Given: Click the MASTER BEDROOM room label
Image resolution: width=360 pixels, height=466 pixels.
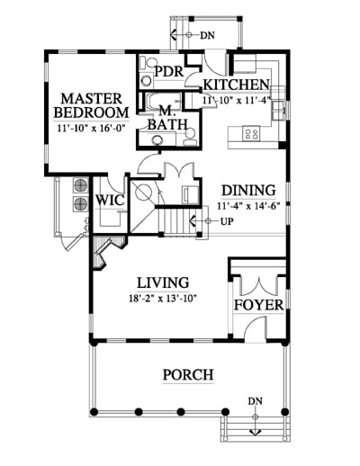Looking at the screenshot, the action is [91, 105].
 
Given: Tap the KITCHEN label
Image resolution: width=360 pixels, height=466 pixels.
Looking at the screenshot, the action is [236, 85].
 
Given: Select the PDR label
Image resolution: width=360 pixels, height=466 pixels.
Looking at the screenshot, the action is [169, 71].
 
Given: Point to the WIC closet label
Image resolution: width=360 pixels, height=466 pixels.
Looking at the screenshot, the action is [110, 200].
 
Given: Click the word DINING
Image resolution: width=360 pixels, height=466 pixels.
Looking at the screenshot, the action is [248, 191].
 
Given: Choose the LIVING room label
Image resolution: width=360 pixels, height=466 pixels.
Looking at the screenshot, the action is [163, 282].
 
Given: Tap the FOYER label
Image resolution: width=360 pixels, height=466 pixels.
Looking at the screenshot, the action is [258, 305].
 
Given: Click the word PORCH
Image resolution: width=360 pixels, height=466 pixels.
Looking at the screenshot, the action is [188, 375].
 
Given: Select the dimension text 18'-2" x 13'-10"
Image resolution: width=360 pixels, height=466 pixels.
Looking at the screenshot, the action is [163, 299].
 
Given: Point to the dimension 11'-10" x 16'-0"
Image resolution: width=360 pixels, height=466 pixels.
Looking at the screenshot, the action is [91, 129].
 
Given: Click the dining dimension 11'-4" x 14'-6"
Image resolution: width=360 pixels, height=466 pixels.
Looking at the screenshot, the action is [248, 206].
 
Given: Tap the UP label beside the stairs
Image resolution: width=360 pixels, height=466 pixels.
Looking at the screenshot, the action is [227, 221].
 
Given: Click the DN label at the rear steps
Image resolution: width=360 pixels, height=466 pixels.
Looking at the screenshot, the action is [208, 35].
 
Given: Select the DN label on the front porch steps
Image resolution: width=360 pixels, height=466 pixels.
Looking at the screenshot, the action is [256, 401].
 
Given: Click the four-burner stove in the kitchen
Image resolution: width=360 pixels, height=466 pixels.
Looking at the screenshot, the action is [251, 133].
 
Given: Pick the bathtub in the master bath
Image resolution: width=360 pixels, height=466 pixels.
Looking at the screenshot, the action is [163, 101].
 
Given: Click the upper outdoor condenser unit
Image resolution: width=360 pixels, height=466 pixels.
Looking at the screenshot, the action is [80, 185].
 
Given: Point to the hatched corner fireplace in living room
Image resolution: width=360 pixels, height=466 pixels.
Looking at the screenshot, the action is [107, 250].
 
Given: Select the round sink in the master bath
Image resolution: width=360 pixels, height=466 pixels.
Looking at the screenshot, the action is [157, 139].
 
